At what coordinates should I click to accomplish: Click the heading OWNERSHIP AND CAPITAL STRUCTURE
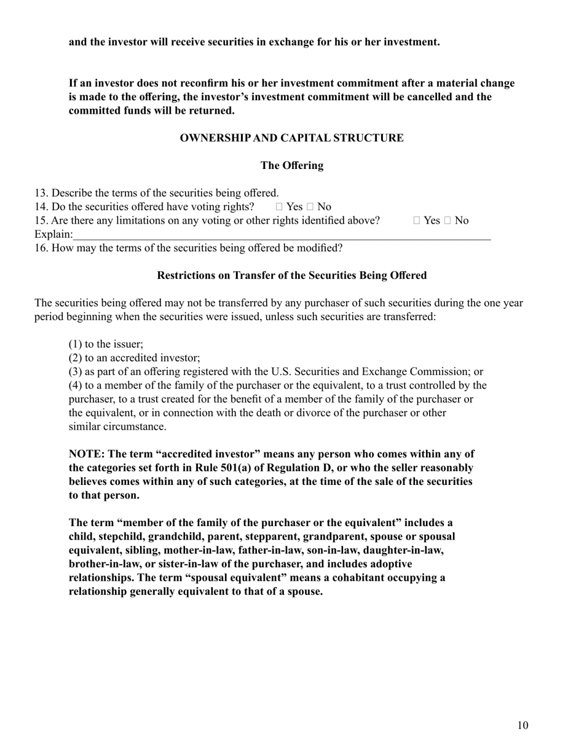pos(291,138)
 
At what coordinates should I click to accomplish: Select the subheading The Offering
pos(291,165)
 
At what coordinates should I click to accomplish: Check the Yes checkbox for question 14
pos(280,207)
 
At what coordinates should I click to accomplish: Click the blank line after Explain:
pos(282,235)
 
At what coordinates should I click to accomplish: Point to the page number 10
pos(522,725)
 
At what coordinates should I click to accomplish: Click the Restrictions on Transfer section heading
pos(291,275)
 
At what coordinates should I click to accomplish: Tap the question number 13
pos(41,193)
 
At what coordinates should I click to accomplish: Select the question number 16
pos(41,248)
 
